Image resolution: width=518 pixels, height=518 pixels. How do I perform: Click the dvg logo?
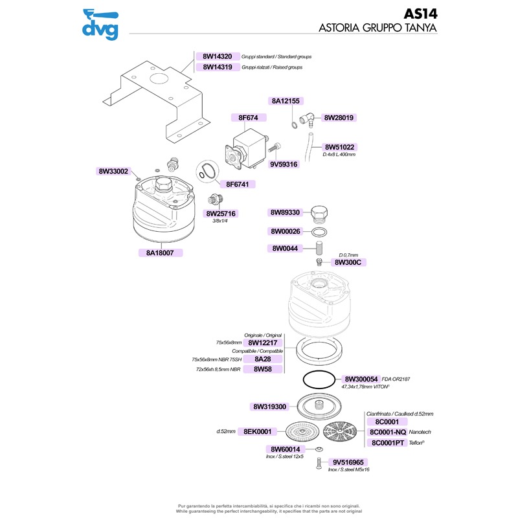coord(100,25)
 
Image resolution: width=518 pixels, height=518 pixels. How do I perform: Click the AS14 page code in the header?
coord(420,14)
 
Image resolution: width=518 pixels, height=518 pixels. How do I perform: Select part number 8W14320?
coord(218,56)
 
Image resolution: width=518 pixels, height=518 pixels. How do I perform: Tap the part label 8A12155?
coord(286,101)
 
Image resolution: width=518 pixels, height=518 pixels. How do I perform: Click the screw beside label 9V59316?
coord(275,147)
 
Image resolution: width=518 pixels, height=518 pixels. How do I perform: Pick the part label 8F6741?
coord(237,185)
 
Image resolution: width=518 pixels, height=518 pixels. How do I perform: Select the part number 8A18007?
coord(160,253)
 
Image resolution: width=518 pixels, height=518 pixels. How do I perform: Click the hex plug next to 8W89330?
coord(319,214)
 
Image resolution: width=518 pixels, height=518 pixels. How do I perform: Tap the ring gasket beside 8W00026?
coord(319,232)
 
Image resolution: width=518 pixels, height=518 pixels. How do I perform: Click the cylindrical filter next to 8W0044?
coord(319,248)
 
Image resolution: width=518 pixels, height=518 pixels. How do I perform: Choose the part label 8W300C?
coord(348,263)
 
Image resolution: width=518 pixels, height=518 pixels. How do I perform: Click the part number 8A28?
coord(263,359)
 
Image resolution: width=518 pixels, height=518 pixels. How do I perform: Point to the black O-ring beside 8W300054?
coord(319,379)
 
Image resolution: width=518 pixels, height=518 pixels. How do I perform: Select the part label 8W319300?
coord(269,407)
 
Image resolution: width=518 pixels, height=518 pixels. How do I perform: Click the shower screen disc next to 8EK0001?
coord(302,431)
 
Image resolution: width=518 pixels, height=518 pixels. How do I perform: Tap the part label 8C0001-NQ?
coord(387,433)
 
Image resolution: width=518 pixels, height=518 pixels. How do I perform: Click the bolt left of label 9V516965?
coord(319,463)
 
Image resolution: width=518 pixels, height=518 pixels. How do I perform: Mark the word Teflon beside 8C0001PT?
coord(416,443)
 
